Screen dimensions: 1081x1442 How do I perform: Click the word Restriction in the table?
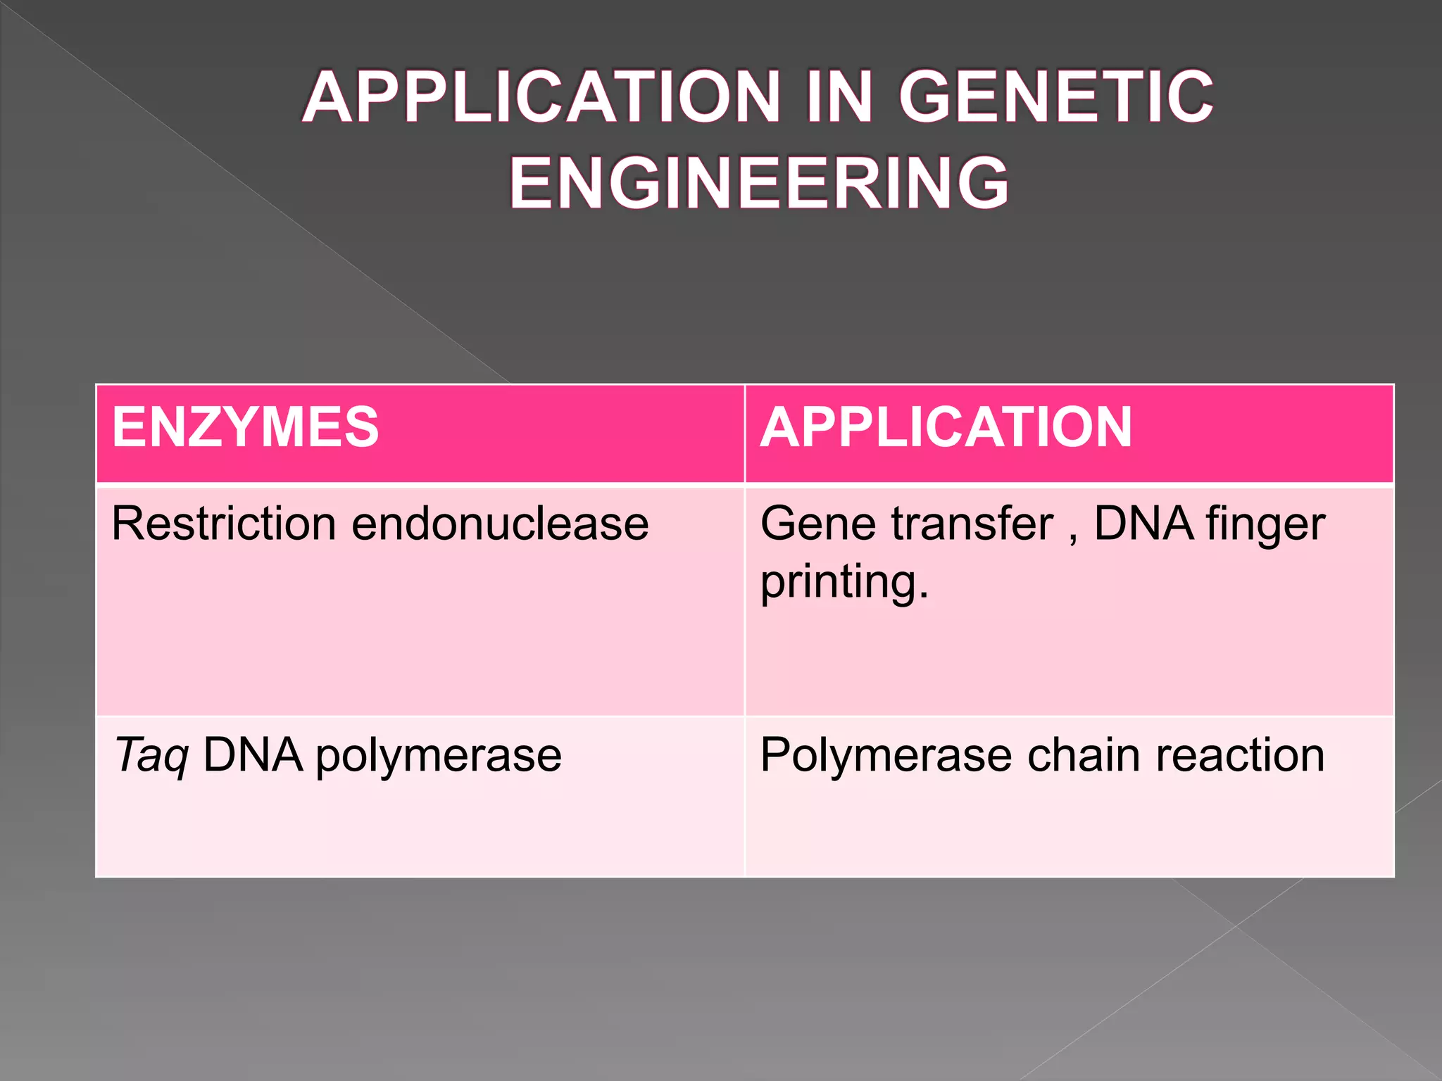[x=224, y=524]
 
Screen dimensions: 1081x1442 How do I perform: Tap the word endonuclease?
[x=500, y=524]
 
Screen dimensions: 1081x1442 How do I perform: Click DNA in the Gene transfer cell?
[x=1143, y=524]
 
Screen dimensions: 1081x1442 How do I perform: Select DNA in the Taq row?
[x=253, y=755]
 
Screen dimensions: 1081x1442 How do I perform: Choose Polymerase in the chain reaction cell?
[x=886, y=756]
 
